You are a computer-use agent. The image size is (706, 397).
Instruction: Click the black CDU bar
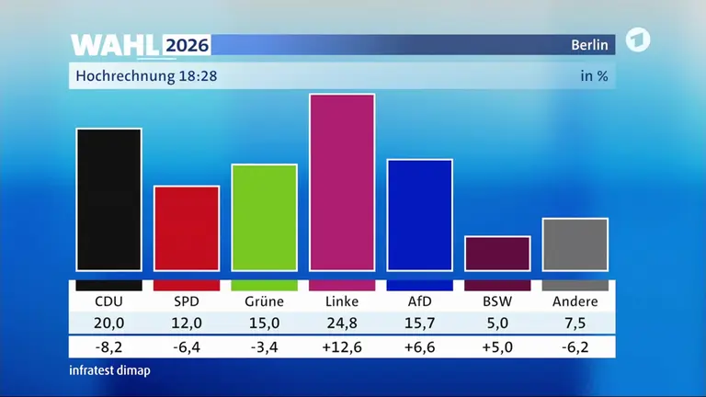coord(109,199)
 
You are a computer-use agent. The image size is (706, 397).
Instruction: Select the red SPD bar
coord(187,228)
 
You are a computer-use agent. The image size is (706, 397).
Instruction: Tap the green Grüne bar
coord(265,218)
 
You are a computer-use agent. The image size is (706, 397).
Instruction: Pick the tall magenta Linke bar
coord(342,182)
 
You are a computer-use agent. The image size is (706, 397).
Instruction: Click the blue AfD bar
coord(419,215)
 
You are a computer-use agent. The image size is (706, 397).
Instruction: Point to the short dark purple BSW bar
coord(497,254)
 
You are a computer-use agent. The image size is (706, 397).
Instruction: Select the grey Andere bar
coord(575,244)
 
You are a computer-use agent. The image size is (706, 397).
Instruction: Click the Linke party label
coord(342,301)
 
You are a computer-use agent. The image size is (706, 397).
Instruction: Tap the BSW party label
coord(497,301)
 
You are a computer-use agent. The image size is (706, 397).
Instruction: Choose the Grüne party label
coord(265,301)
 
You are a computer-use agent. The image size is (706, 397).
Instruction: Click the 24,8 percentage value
coord(342,323)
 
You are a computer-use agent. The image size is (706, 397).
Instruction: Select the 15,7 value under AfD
coord(419,323)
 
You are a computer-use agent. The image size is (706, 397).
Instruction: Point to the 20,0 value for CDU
coord(109,323)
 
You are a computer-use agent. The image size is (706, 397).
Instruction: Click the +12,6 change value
coord(342,347)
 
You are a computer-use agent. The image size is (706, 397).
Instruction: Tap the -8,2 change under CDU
coord(109,347)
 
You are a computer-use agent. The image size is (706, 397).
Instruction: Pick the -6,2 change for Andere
coord(575,347)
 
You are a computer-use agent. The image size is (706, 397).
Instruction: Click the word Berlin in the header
coord(589,45)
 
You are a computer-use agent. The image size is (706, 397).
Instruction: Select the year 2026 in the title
coord(187,45)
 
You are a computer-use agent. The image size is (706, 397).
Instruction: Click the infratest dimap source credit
coord(110,370)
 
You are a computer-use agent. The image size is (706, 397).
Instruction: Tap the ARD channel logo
coord(638,40)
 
